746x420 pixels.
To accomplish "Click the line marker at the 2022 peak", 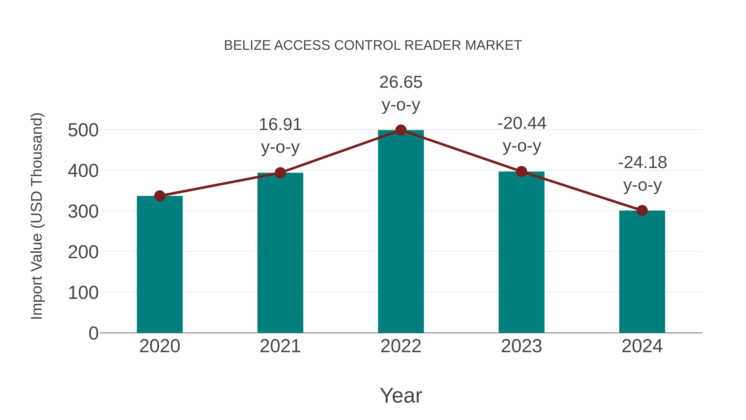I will click(401, 130).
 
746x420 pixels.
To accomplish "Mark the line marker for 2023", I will click(521, 172).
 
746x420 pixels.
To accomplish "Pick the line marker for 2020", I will click(160, 196).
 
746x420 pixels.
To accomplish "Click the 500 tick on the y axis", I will click(83, 130).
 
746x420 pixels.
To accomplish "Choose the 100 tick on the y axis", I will click(83, 293).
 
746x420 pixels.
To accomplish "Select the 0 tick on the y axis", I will click(93, 333).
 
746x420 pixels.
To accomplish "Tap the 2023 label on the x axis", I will click(521, 346).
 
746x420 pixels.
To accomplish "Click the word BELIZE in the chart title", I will click(248, 45).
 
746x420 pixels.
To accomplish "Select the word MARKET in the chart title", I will click(493, 45).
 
